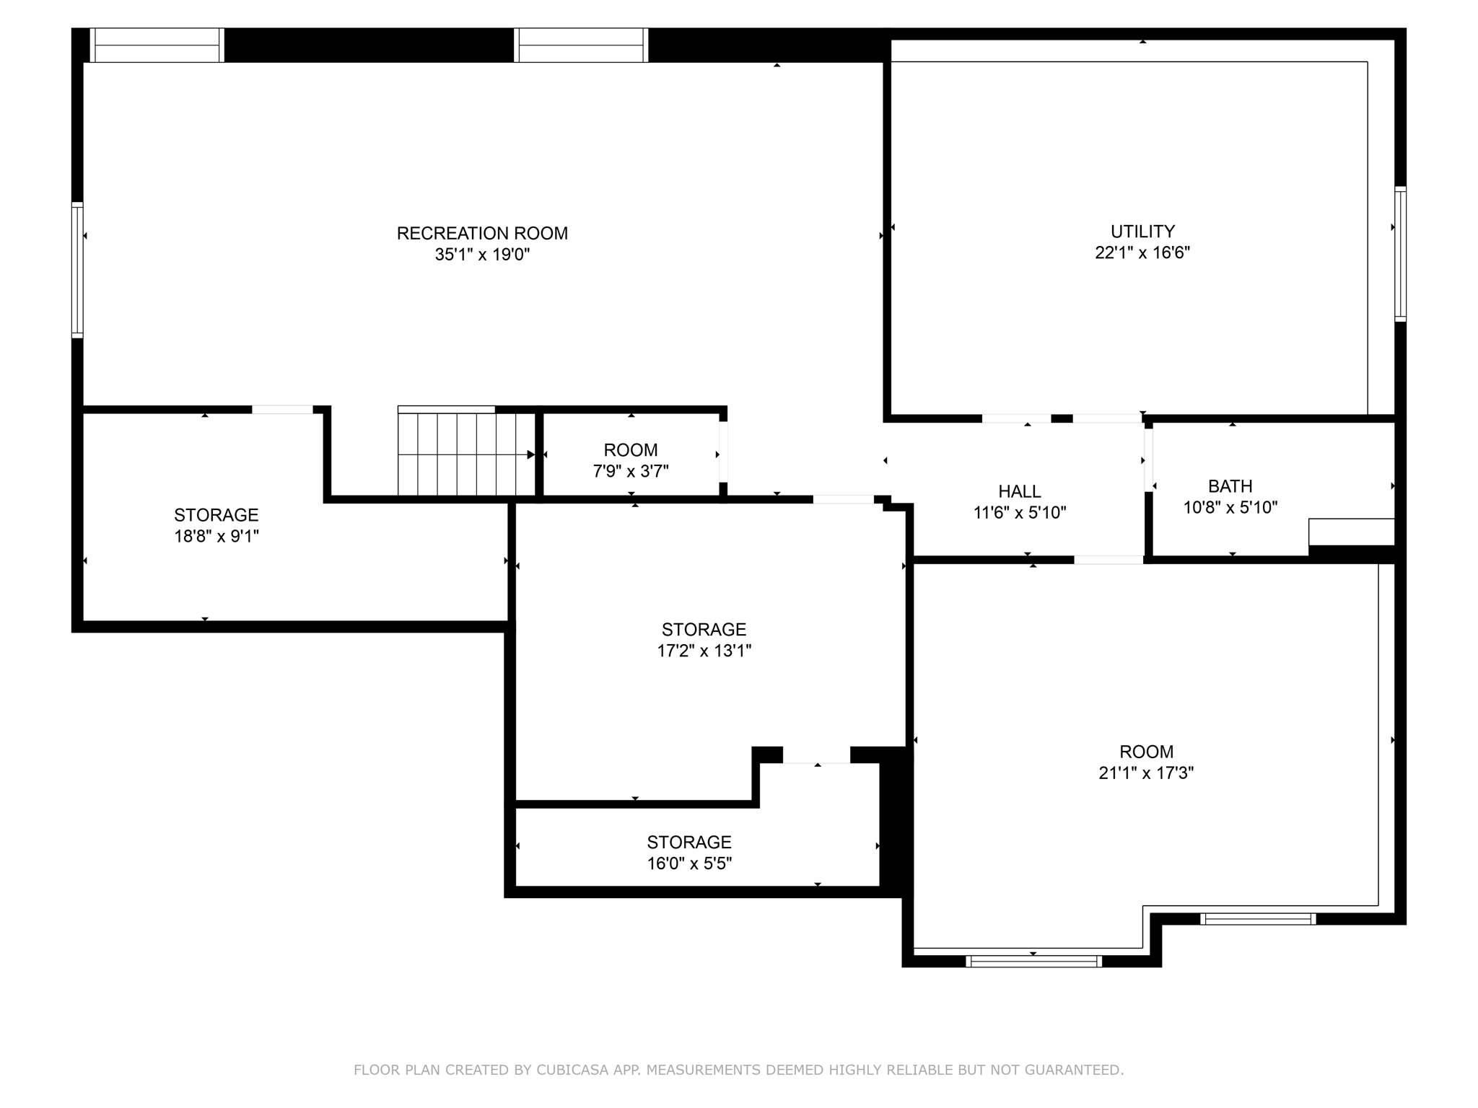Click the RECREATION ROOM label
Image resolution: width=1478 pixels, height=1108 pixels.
click(x=482, y=233)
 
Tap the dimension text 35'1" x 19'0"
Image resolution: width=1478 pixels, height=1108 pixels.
click(x=482, y=255)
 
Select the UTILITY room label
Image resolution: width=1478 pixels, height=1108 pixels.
click(x=1142, y=231)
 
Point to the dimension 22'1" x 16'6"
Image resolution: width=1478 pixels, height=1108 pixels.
click(x=1142, y=252)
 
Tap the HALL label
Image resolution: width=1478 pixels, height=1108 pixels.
click(x=1019, y=491)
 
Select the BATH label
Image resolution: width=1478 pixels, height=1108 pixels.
click(x=1230, y=486)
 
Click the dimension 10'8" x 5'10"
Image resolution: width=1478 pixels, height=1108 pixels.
click(x=1230, y=507)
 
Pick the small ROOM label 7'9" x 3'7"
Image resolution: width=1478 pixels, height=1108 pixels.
click(x=630, y=450)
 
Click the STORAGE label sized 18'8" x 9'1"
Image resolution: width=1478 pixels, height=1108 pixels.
click(x=216, y=515)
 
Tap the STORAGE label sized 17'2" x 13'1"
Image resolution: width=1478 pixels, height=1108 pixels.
click(x=704, y=629)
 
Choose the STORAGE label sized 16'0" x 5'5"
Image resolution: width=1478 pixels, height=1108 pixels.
click(x=688, y=842)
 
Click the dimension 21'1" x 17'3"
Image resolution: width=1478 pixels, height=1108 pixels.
click(x=1146, y=773)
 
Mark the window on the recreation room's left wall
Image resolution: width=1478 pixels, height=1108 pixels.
click(x=77, y=270)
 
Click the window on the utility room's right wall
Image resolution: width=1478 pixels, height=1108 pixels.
click(x=1400, y=253)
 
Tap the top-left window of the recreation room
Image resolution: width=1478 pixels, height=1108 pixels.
click(x=157, y=45)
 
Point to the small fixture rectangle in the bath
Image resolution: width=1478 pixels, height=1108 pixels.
click(x=1351, y=532)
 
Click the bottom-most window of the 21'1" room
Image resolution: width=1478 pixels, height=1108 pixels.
click(x=1033, y=961)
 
